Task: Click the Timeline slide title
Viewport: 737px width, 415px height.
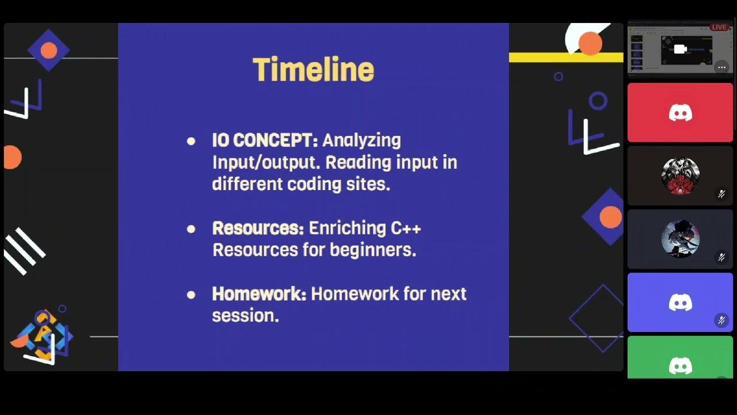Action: click(313, 70)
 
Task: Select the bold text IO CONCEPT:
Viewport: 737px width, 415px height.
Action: click(265, 140)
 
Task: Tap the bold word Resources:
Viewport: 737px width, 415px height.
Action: click(258, 228)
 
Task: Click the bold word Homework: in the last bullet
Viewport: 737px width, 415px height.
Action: click(259, 294)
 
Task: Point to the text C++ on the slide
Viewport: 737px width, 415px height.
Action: click(406, 228)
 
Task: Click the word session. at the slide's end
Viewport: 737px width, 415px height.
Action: click(245, 316)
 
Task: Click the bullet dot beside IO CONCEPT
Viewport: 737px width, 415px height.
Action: click(191, 141)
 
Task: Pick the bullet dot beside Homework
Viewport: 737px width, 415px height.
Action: click(191, 295)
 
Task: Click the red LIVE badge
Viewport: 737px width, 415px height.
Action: click(719, 27)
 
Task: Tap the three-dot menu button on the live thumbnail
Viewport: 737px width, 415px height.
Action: click(721, 67)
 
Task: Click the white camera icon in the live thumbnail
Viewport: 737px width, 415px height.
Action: click(680, 50)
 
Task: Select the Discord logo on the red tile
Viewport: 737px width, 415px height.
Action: click(680, 112)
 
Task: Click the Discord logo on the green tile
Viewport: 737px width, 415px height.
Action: click(680, 365)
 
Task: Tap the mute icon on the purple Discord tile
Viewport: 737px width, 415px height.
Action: click(721, 320)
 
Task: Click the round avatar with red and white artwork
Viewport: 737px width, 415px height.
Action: click(680, 175)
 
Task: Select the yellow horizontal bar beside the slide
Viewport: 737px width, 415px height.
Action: click(565, 58)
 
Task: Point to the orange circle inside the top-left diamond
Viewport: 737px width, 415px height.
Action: click(49, 51)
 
